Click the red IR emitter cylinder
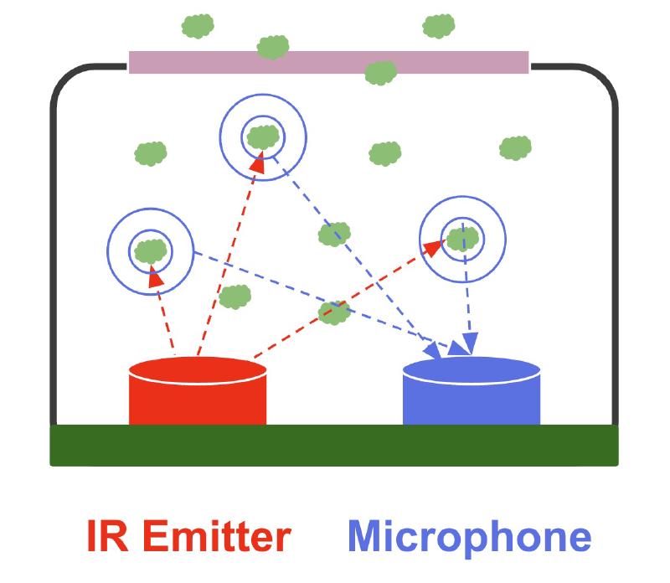[x=198, y=398]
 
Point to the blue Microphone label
[x=470, y=537]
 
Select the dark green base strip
[x=334, y=445]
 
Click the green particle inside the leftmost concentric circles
[x=151, y=249]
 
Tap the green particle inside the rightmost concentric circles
[x=461, y=238]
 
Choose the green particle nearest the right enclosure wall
[x=515, y=148]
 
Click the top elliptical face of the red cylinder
[x=198, y=369]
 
